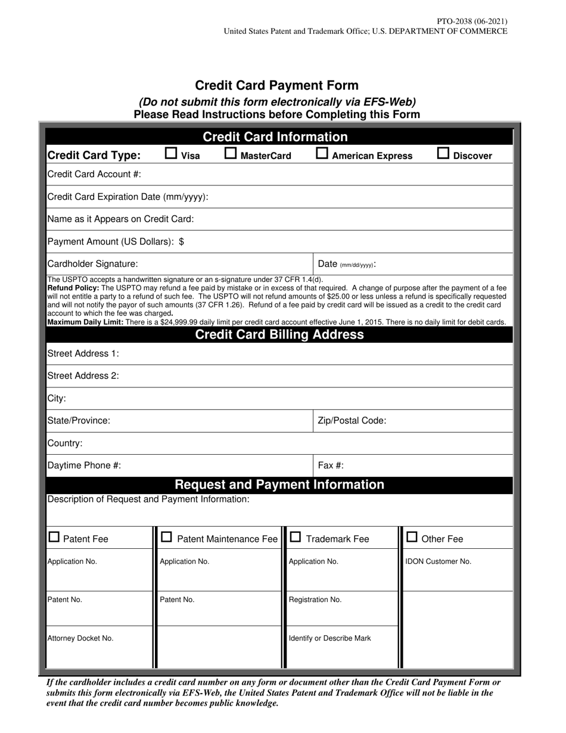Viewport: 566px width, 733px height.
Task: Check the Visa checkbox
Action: click(x=171, y=154)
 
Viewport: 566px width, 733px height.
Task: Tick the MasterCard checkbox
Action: click(x=230, y=154)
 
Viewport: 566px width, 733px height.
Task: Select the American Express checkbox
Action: click(x=322, y=154)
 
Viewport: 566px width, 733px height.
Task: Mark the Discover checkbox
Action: click(x=443, y=154)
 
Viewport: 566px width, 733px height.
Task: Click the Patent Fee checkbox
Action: click(x=54, y=538)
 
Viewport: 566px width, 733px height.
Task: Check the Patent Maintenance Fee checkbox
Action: click(x=167, y=538)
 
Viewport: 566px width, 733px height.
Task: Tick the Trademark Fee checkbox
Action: click(x=296, y=538)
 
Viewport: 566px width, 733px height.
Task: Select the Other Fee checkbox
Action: click(x=412, y=538)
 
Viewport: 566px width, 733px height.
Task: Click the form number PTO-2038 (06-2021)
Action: click(x=472, y=21)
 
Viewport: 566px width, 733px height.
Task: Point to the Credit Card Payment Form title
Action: click(x=277, y=86)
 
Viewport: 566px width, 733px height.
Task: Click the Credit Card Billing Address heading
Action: click(x=279, y=335)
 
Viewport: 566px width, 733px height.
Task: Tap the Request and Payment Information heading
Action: click(x=279, y=485)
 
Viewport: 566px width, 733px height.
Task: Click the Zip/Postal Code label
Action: click(x=352, y=421)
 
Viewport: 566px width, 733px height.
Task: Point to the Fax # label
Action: click(x=331, y=466)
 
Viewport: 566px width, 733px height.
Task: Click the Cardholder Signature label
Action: click(x=92, y=264)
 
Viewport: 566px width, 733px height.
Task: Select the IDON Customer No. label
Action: click(x=439, y=561)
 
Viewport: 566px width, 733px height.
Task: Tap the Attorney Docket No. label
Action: click(x=80, y=638)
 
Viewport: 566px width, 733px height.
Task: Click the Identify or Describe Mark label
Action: click(x=329, y=638)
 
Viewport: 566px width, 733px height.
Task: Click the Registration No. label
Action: click(x=315, y=600)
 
